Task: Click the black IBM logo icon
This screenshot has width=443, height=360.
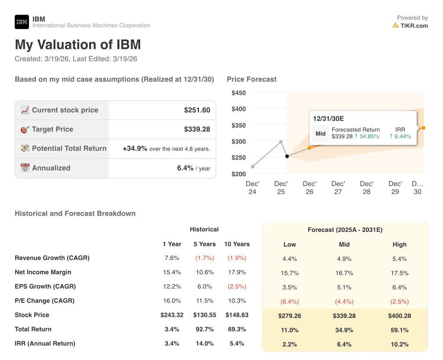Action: tap(22, 22)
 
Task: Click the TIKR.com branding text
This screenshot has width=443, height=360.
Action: tap(414, 26)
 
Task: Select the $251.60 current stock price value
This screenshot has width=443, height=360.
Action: tap(197, 110)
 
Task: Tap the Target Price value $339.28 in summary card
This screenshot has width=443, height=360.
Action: tap(197, 129)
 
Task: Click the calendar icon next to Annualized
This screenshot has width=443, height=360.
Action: tap(25, 168)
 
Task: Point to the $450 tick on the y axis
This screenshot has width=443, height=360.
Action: tap(239, 93)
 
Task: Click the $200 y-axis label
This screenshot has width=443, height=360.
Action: tap(239, 174)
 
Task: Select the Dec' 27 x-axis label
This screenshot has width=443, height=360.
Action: tap(338, 188)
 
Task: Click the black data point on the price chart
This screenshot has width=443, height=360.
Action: tap(287, 156)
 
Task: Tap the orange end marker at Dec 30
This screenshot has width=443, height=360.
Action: tap(423, 128)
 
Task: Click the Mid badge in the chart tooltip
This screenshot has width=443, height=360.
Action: tap(321, 133)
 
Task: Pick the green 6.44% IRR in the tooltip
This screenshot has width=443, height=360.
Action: tap(400, 136)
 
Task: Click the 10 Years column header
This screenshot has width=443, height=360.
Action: tap(237, 244)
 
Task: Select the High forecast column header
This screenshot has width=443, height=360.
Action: tap(399, 244)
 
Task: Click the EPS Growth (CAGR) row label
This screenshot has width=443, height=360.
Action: tap(45, 286)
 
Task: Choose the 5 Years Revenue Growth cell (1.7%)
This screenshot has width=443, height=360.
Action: tap(204, 258)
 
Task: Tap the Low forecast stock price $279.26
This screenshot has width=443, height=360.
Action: tap(289, 316)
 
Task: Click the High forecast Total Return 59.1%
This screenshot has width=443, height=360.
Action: tap(399, 330)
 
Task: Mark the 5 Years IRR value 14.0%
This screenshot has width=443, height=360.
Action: tap(204, 344)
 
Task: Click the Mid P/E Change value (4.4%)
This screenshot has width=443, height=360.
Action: tap(344, 302)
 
